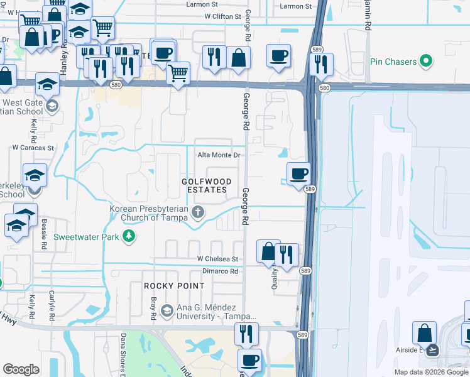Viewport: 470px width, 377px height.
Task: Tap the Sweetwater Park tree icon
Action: click(x=129, y=236)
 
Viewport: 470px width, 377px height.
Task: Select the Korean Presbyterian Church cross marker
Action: click(x=198, y=212)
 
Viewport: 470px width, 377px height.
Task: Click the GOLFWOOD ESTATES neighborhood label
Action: click(x=206, y=185)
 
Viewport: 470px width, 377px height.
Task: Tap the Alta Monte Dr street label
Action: click(x=219, y=155)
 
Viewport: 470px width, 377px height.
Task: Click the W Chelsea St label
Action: click(x=217, y=259)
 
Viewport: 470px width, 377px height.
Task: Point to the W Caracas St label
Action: click(x=33, y=148)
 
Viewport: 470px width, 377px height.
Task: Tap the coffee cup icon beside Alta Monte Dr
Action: click(x=298, y=173)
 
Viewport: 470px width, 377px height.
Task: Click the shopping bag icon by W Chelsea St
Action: click(x=268, y=251)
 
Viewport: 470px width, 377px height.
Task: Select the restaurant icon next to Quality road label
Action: click(x=287, y=254)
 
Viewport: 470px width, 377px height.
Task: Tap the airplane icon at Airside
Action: click(x=432, y=350)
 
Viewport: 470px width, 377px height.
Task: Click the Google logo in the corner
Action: click(x=21, y=369)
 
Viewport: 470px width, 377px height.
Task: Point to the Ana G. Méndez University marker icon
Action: click(x=167, y=310)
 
